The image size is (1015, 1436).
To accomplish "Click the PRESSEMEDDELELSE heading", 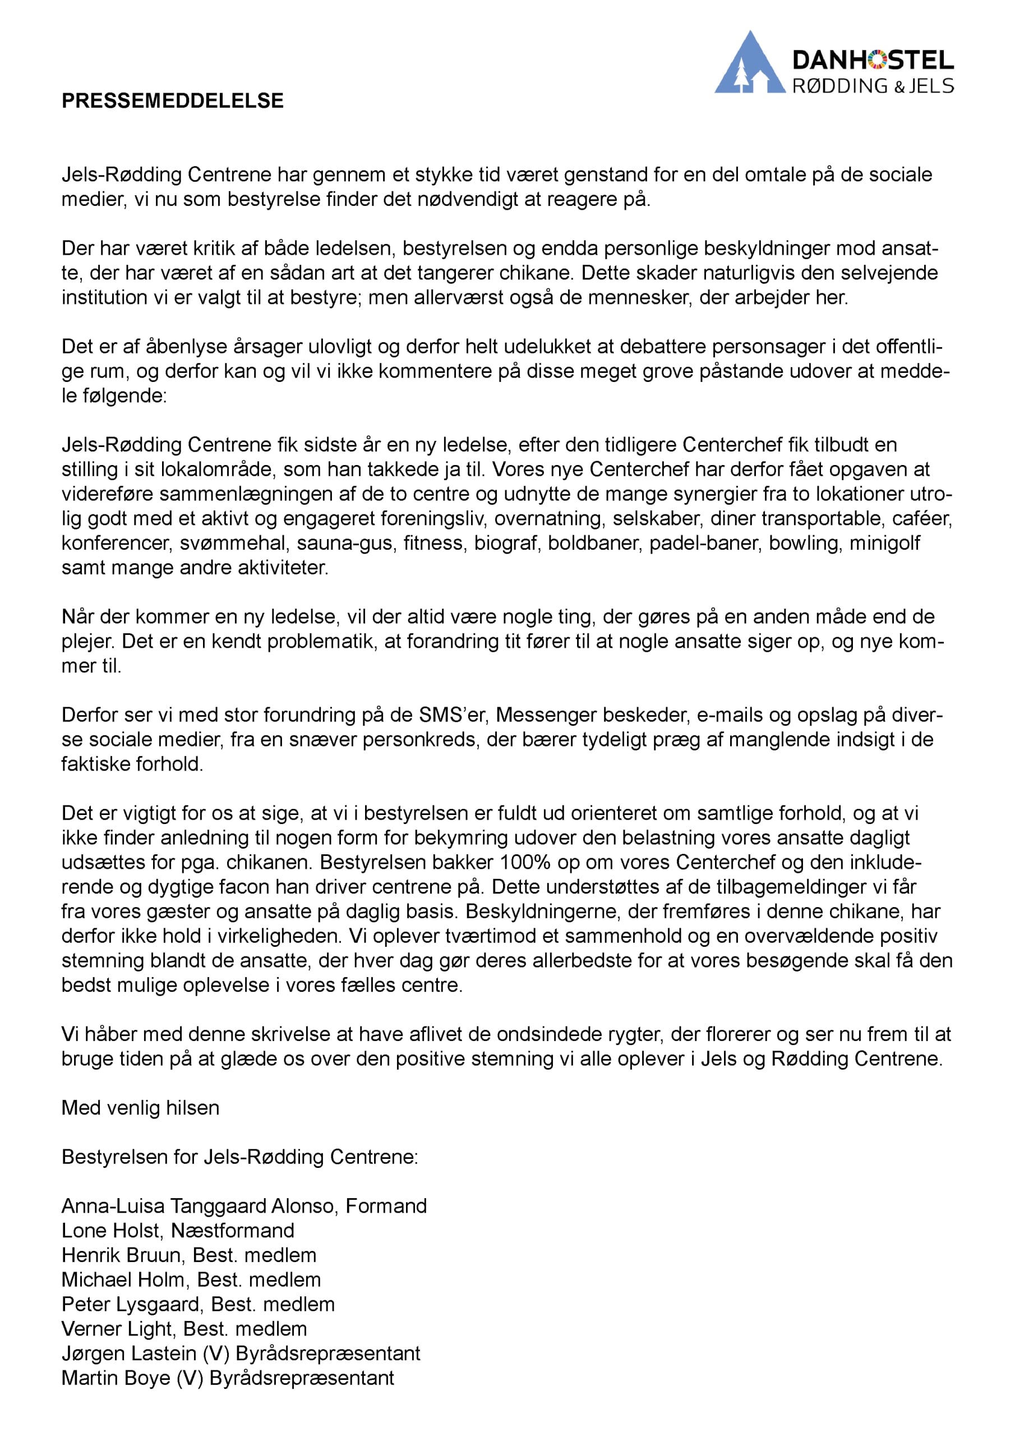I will tap(173, 101).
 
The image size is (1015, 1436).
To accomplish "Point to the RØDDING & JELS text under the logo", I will tap(873, 86).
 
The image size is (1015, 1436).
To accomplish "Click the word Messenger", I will tap(541, 715).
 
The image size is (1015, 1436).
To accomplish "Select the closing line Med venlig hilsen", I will tap(141, 1108).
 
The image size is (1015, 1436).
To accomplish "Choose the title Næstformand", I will tap(233, 1230).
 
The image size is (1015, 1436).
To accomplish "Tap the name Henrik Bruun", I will tap(121, 1255).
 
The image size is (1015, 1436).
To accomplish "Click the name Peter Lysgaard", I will tap(131, 1304).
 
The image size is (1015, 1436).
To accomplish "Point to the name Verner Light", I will tap(117, 1328).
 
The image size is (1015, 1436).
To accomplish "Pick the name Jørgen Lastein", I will tap(129, 1353).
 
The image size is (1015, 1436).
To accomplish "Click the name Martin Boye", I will tap(116, 1378).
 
